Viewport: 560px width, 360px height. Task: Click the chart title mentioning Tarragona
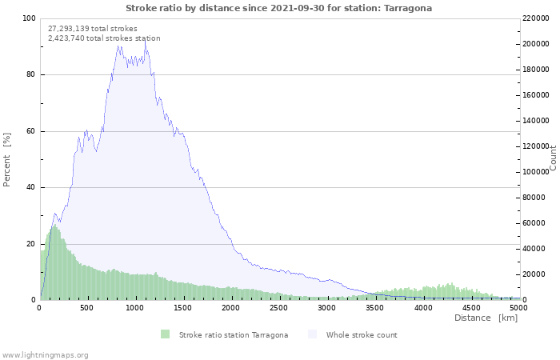click(278, 8)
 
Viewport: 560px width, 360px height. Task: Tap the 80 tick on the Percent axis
click(30, 74)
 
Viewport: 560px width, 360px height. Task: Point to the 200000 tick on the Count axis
click(535, 44)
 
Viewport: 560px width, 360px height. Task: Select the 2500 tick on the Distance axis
click(278, 308)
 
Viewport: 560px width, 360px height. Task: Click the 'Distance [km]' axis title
click(486, 318)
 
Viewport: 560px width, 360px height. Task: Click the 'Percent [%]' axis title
click(6, 160)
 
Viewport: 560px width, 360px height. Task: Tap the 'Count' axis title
click(553, 158)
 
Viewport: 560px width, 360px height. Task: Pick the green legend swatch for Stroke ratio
click(165, 334)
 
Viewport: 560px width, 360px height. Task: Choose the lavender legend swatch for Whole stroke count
click(312, 334)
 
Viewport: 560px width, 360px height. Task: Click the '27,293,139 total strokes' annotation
click(93, 29)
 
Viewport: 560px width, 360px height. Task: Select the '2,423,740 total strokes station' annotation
click(104, 38)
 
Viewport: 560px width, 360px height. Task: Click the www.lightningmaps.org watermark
click(45, 355)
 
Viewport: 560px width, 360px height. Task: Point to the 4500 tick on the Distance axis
click(470, 308)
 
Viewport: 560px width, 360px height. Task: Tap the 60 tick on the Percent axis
click(30, 131)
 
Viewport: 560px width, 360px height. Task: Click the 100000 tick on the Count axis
click(535, 172)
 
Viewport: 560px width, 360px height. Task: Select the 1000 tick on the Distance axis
click(134, 308)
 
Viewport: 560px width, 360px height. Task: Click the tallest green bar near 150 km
click(54, 262)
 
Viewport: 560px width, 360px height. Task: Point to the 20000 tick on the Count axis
click(534, 274)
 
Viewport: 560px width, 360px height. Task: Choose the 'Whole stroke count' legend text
click(362, 335)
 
